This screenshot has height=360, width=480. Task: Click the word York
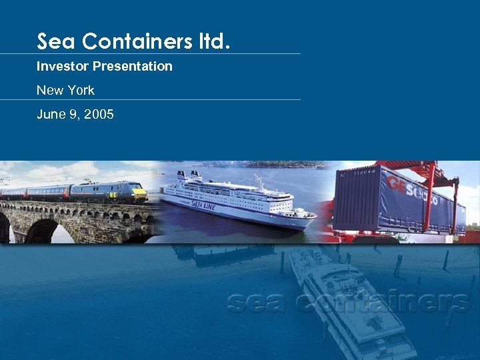point(79,90)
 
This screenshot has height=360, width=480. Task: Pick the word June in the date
point(50,115)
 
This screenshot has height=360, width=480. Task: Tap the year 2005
point(99,115)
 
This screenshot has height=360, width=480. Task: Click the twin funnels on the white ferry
point(189,177)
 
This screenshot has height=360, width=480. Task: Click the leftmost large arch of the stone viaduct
point(40,231)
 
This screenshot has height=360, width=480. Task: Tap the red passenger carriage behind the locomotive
point(47,192)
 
